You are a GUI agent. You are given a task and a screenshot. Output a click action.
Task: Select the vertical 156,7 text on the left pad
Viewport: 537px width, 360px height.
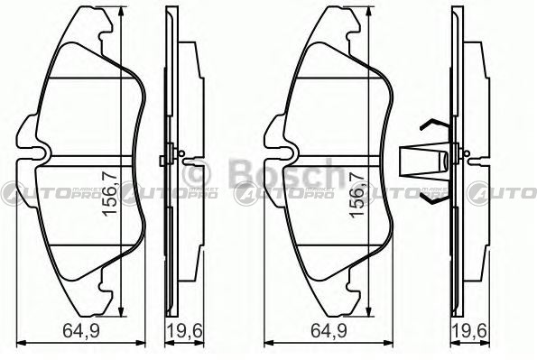pos(111,194)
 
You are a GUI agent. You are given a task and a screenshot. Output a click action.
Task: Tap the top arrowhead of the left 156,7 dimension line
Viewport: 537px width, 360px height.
pos(121,12)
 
